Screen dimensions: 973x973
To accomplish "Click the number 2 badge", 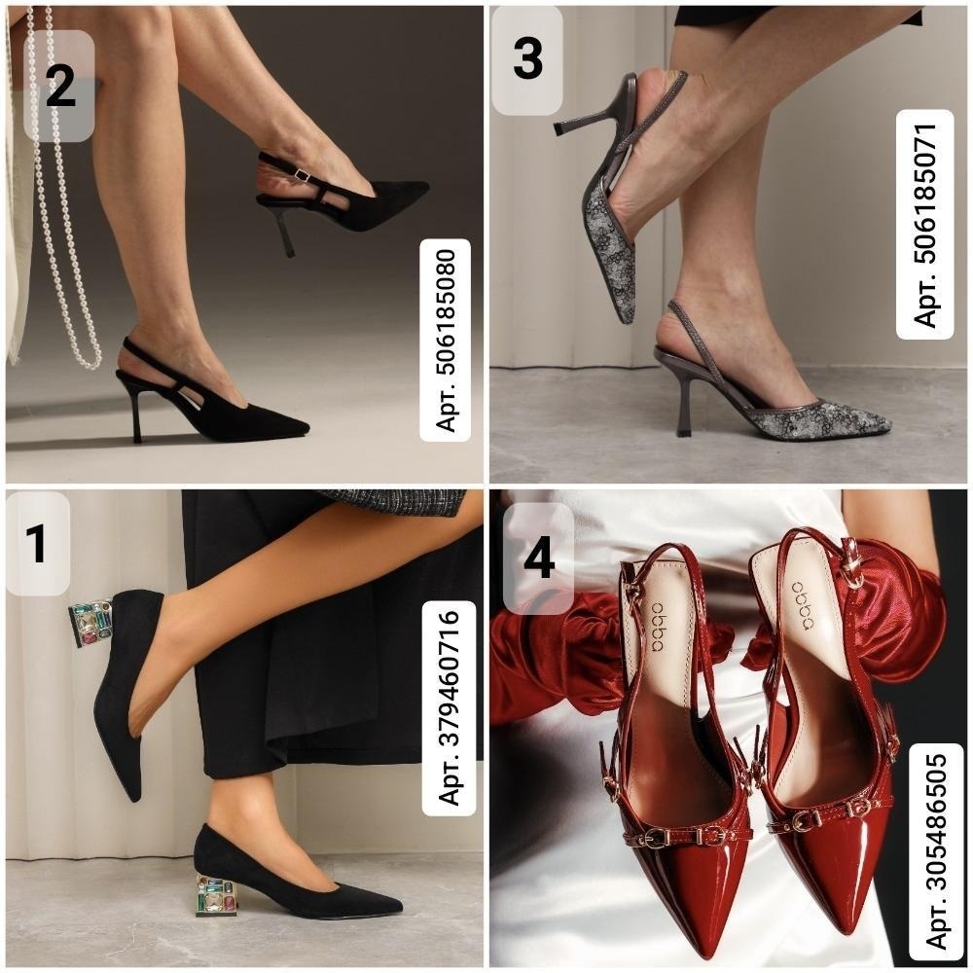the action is pyautogui.click(x=59, y=86).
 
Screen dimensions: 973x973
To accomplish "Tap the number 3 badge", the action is pyautogui.click(x=526, y=59).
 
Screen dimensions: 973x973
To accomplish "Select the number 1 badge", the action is pyautogui.click(x=37, y=543).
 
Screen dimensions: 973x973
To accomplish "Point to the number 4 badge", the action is pyautogui.click(x=538, y=559).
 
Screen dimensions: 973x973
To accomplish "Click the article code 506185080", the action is pyautogui.click(x=445, y=340).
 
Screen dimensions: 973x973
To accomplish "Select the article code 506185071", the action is pyautogui.click(x=924, y=224).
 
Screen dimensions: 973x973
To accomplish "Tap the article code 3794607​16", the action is pyautogui.click(x=449, y=707).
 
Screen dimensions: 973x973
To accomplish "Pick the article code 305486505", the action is pyautogui.click(x=936, y=850).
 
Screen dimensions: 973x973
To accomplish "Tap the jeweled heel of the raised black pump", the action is pyautogui.click(x=90, y=623).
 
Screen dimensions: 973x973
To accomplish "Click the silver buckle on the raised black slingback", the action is pyautogui.click(x=303, y=175).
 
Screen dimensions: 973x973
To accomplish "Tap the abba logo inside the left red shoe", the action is pyautogui.click(x=657, y=627).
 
